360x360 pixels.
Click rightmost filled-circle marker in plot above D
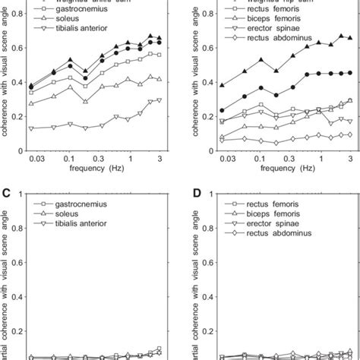pos(349,73)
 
